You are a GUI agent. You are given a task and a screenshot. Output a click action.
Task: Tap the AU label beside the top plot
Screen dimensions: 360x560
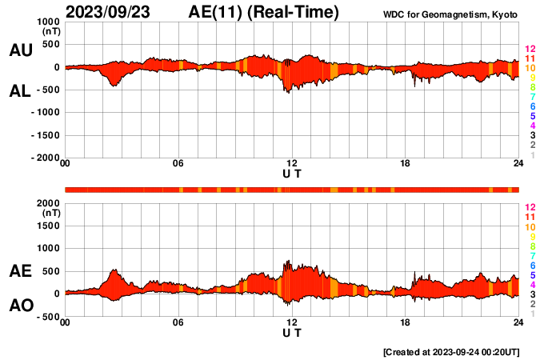(20, 50)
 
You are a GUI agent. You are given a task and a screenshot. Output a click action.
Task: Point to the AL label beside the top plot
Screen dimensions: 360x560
(20, 91)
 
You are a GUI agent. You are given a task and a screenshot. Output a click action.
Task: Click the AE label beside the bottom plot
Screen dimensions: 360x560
(20, 271)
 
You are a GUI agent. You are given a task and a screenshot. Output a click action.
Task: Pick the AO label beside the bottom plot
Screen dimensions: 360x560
(20, 306)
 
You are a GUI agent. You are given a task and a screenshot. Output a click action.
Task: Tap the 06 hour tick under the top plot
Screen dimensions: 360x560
(178, 164)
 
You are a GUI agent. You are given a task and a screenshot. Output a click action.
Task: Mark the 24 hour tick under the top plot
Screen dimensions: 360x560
(518, 164)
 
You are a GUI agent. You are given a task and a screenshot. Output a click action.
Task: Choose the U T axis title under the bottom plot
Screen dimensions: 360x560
(292, 332)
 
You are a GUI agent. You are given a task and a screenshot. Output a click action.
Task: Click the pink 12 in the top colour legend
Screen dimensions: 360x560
(530, 50)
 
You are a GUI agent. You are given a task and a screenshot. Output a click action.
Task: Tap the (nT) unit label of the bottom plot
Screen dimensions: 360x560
(50, 214)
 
